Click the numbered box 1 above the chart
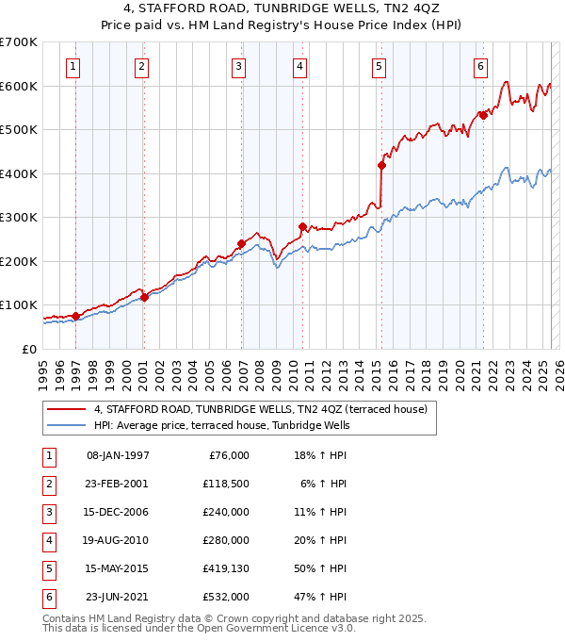click(x=73, y=66)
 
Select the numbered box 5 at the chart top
click(x=378, y=66)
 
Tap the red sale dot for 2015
click(x=381, y=165)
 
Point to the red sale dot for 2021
click(x=483, y=116)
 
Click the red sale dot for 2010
click(x=302, y=226)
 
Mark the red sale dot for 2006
click(x=241, y=243)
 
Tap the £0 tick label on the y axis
click(x=30, y=349)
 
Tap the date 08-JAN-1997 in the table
click(x=118, y=455)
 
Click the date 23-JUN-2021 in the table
click(x=118, y=597)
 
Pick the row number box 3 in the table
click(x=46, y=512)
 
